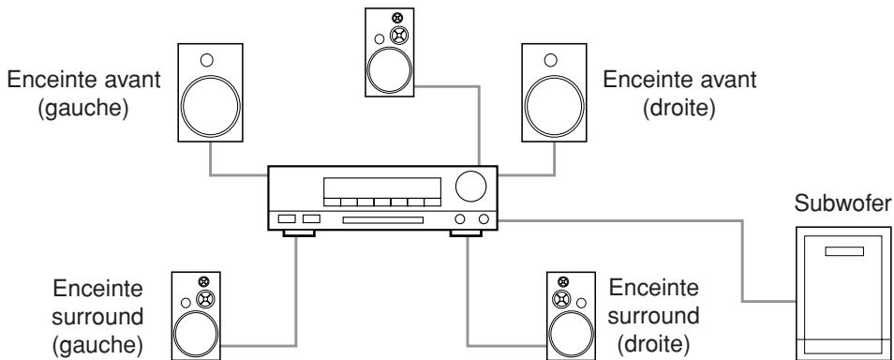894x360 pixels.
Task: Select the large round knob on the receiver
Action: click(471, 187)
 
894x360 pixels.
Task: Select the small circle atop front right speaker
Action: click(559, 59)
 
